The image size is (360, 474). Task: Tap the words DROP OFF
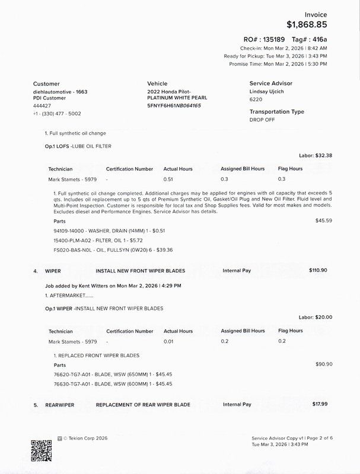(263, 119)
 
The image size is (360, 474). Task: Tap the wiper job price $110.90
(318, 270)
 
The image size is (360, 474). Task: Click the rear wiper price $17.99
(320, 404)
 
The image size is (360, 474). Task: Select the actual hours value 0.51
(170, 179)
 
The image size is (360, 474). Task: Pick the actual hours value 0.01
(170, 341)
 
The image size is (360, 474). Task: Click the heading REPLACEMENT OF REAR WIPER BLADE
(143, 405)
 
